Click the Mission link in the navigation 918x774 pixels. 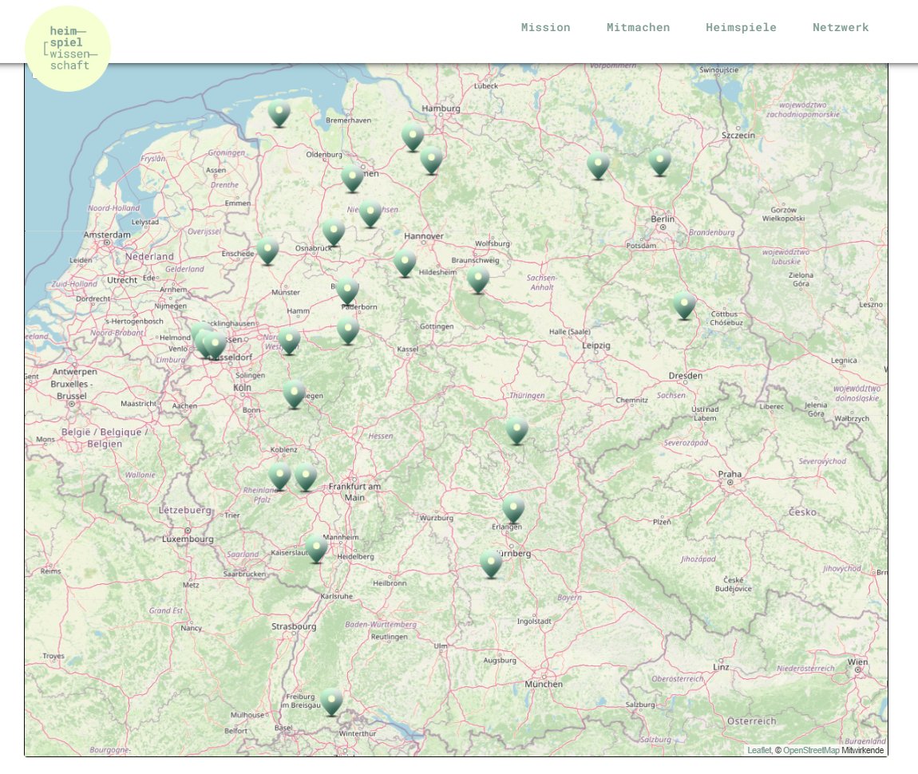[545, 27]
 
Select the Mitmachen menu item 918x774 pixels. [638, 27]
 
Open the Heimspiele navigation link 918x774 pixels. [741, 27]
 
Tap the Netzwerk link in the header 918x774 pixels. [841, 27]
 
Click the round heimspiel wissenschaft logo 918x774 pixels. [68, 49]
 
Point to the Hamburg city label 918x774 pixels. [441, 109]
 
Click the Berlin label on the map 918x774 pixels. [663, 219]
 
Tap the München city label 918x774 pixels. [544, 684]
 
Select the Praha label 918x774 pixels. [729, 474]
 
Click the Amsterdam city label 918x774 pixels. [106, 235]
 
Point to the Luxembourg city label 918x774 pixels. [188, 539]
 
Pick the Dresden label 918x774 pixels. [686, 375]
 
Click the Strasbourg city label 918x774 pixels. [294, 626]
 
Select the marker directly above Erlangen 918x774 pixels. [513, 508]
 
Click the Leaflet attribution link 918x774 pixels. [758, 750]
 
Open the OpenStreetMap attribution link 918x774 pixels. [811, 750]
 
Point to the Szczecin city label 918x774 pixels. [738, 136]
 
